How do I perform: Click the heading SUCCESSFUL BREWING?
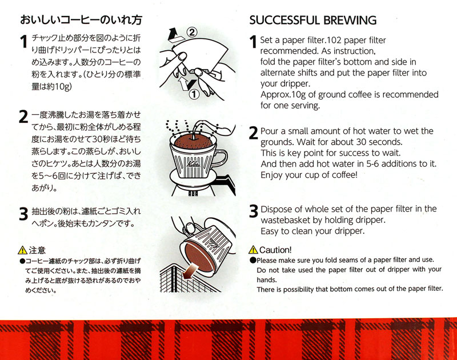pos(312,20)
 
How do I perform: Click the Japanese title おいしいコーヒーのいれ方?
pos(81,20)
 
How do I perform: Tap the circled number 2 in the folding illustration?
pos(191,32)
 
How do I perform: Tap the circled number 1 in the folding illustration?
pos(194,94)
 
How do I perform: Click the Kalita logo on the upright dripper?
pos(194,164)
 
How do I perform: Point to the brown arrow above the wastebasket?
pos(191,270)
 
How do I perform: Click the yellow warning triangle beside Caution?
pos(253,250)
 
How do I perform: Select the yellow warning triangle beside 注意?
pos(22,250)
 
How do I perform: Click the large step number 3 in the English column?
pos(254,211)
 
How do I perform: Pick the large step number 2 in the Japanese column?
pos(23,117)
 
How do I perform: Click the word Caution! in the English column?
pos(275,250)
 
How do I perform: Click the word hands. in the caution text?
pos(266,280)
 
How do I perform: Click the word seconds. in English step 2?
pos(385,142)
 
